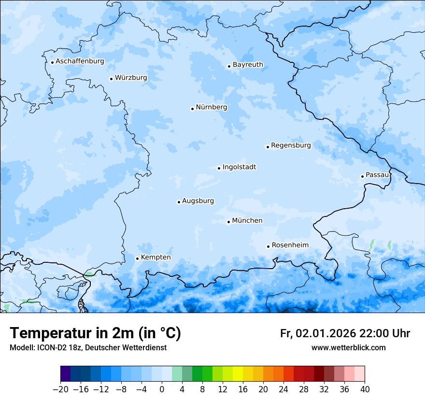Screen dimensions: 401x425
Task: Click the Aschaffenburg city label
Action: [x=80, y=61]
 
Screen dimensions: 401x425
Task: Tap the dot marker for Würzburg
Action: [x=111, y=79]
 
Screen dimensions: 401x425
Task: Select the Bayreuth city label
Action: [x=248, y=65]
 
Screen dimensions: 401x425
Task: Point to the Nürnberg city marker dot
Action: [x=192, y=109]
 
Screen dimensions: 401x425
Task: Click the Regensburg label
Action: [x=291, y=145]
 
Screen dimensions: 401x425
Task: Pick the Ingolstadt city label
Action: [x=239, y=167]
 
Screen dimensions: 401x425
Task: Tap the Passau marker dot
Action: [x=362, y=176]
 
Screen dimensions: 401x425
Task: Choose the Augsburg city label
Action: [x=198, y=201]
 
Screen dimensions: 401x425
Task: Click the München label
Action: [x=247, y=221]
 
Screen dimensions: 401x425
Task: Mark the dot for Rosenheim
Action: [x=268, y=246]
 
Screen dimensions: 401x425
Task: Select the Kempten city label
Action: [x=156, y=258]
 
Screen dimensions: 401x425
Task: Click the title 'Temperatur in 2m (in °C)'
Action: [x=96, y=333]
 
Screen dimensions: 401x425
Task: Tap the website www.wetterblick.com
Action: [x=348, y=347]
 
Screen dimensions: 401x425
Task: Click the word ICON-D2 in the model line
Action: [x=51, y=347]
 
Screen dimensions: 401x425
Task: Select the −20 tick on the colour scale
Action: [x=61, y=389]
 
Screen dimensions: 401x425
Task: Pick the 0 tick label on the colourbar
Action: [x=162, y=389]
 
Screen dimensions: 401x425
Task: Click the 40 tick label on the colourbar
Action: [x=365, y=389]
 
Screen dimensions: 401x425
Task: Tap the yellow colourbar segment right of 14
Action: [x=238, y=374]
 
